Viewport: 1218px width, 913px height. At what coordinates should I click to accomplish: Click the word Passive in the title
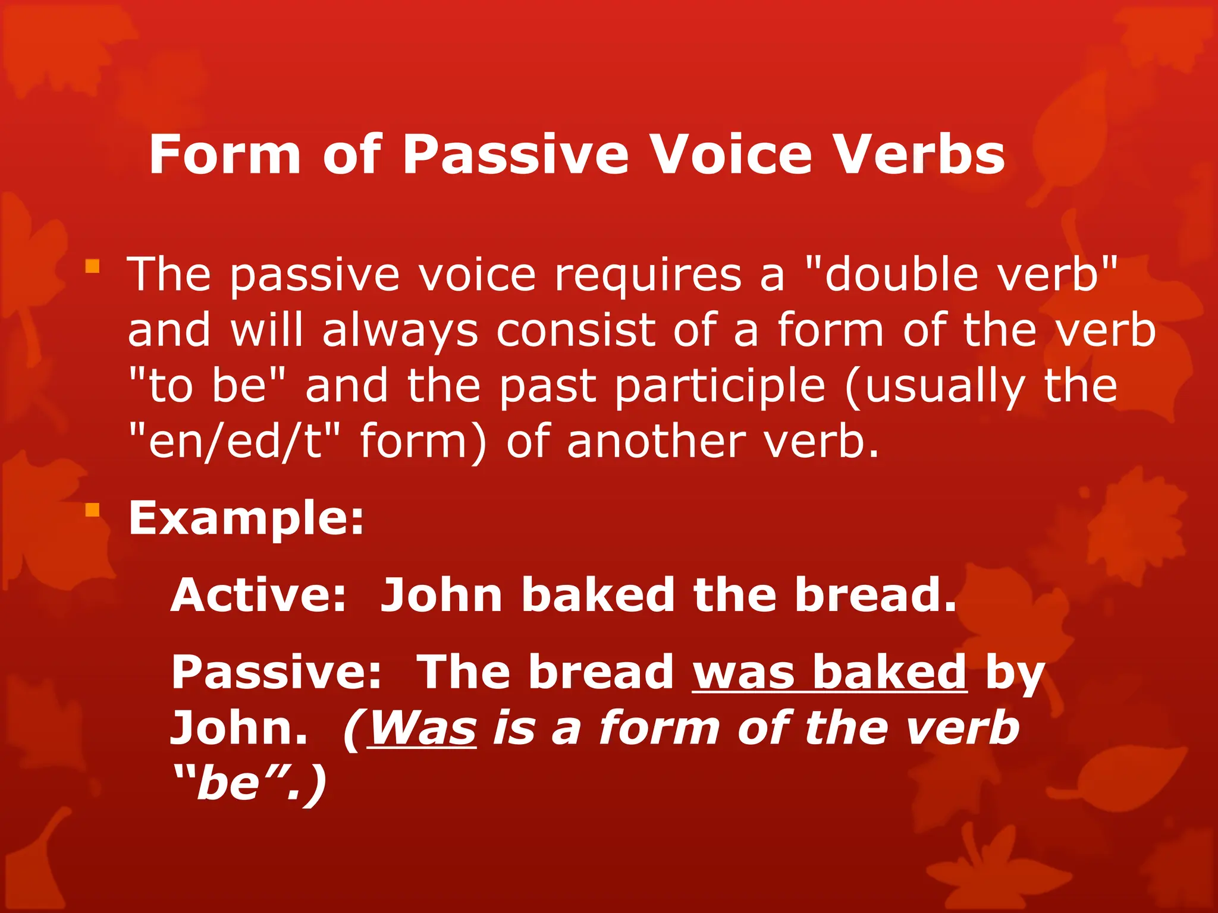pyautogui.click(x=515, y=155)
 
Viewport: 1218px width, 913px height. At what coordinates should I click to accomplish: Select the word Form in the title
pyautogui.click(x=225, y=155)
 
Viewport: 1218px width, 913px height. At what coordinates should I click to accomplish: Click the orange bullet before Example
pyautogui.click(x=92, y=509)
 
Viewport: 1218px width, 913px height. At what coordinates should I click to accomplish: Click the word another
pyautogui.click(x=656, y=442)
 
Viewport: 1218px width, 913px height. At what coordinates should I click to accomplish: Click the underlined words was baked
pyautogui.click(x=830, y=672)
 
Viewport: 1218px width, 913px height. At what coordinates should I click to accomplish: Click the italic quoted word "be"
pyautogui.click(x=229, y=782)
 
